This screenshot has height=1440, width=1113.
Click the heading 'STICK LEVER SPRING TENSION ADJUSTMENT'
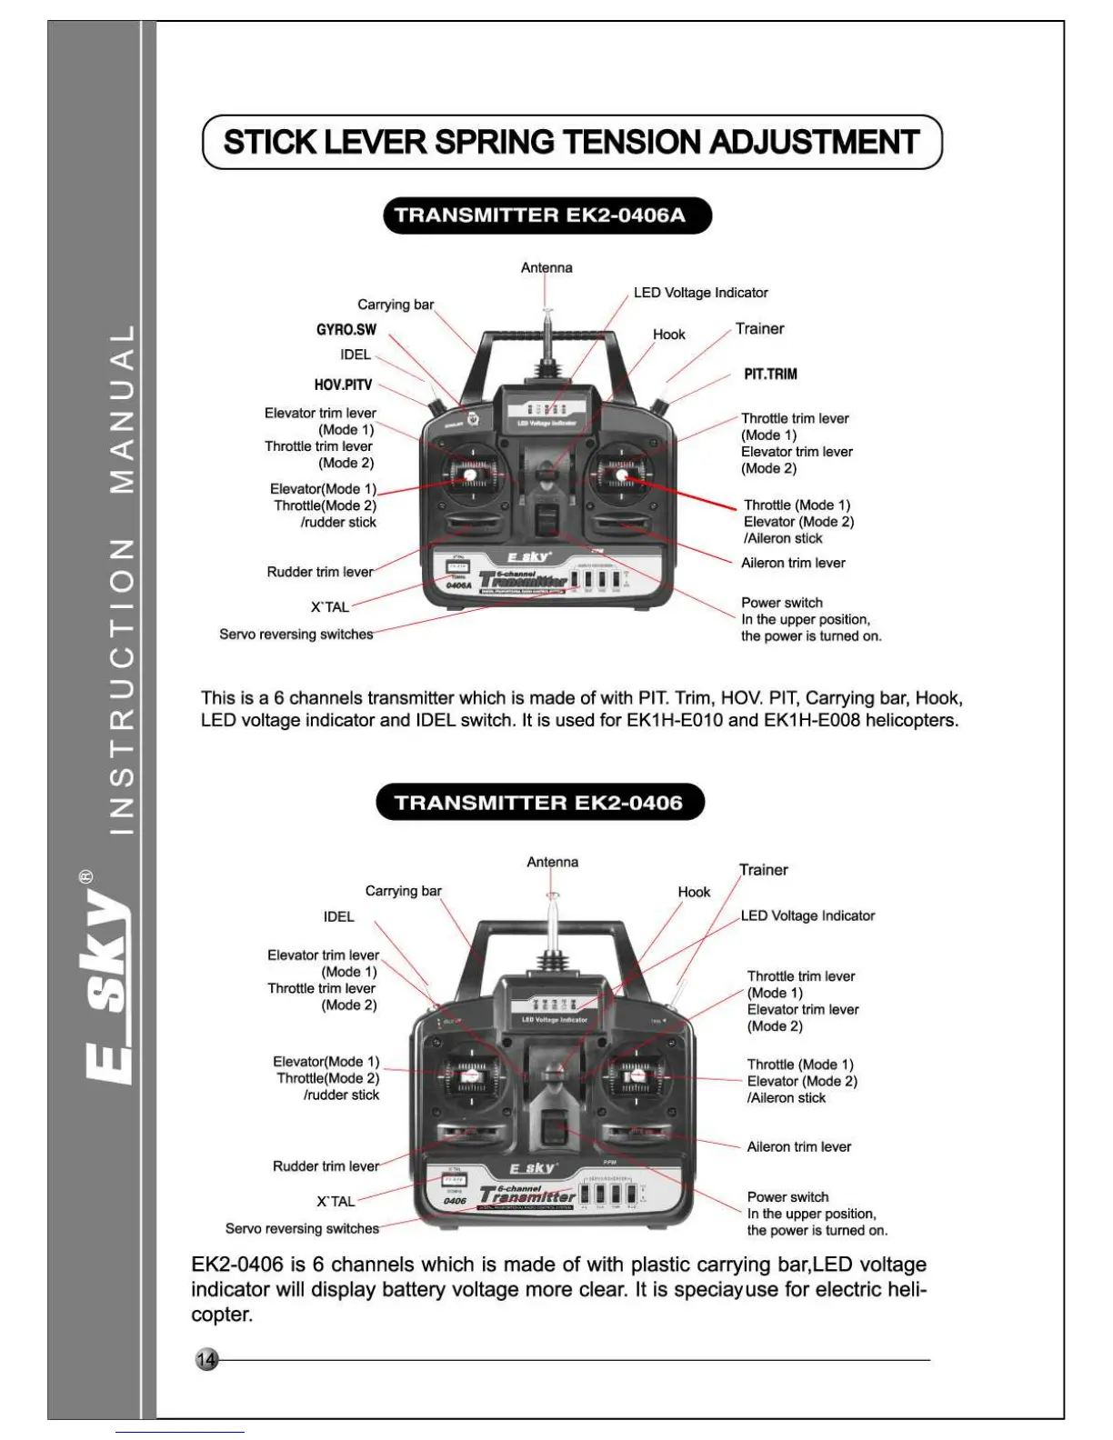571,142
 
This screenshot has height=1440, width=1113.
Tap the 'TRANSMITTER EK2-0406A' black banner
546,215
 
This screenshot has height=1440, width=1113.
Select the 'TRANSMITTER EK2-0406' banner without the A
539,803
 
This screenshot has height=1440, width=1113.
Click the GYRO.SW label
346,329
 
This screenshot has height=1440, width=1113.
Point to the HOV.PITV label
343,385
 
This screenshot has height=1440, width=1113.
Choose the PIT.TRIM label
770,374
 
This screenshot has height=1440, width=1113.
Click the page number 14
207,1359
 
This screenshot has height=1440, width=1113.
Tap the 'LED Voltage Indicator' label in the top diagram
700,293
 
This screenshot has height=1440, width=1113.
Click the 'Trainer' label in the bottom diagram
763,870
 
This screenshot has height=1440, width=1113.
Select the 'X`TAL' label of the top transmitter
330,606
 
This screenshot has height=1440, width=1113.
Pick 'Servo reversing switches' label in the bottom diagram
302,1228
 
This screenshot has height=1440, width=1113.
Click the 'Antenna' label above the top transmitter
546,267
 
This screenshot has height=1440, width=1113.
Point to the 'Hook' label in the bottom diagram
694,892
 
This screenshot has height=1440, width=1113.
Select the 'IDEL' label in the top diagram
356,355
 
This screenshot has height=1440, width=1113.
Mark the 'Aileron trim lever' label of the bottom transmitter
798,1146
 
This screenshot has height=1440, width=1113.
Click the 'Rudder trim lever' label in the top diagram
320,572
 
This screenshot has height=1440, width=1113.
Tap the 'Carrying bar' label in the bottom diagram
403,891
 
